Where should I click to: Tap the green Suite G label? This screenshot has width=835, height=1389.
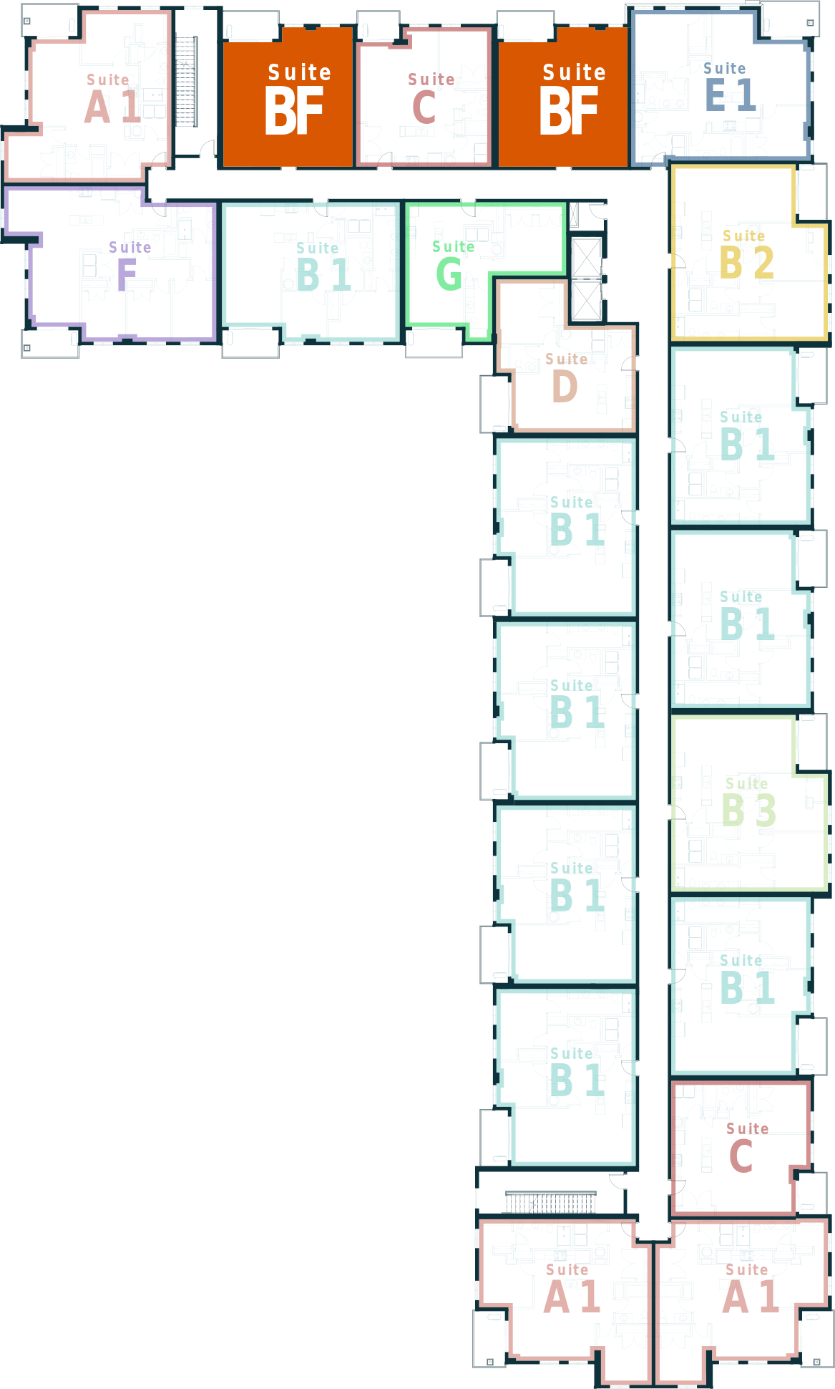(453, 266)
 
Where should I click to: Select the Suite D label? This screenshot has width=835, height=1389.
(566, 378)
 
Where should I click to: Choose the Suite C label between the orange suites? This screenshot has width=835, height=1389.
(431, 98)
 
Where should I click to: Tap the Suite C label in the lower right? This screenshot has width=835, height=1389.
(747, 1148)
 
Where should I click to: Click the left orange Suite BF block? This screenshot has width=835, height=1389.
(288, 97)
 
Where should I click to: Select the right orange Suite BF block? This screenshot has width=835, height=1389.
(563, 97)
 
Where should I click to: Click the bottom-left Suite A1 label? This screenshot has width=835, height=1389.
(571, 1289)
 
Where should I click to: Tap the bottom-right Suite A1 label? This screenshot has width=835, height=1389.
(750, 1289)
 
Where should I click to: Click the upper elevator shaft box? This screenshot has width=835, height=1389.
(587, 257)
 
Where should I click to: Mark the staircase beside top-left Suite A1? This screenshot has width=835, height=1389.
(186, 82)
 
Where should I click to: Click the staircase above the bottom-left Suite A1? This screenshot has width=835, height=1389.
(550, 1202)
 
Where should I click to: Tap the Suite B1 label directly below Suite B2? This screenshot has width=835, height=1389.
(747, 436)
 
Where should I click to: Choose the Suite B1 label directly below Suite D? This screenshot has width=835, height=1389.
(577, 521)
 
